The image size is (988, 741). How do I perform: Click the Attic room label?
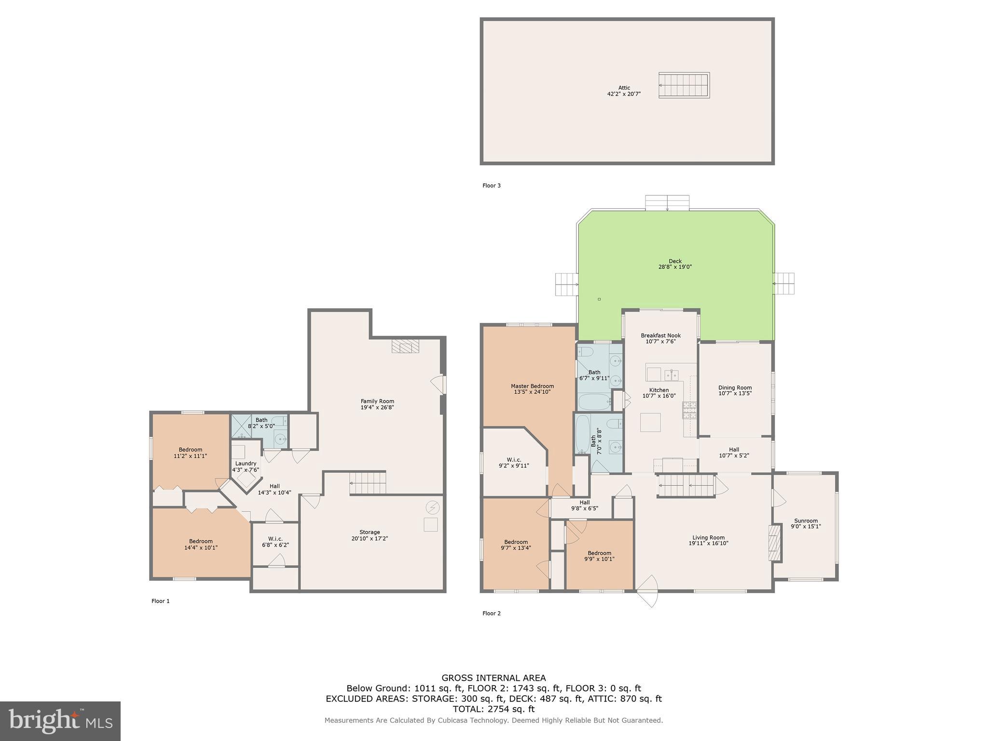624,88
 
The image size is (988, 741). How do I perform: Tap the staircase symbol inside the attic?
684,85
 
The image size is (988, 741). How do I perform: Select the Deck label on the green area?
675,261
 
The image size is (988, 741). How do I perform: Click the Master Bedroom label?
532,386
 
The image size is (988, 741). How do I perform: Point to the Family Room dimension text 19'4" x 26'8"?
377,407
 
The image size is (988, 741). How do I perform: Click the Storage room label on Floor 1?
369,532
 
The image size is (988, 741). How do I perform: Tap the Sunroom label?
806,521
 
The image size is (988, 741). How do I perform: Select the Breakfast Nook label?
660,335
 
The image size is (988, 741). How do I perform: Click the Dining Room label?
735,387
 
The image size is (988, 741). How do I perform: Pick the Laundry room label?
246,464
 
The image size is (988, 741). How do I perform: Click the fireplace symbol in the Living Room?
775,543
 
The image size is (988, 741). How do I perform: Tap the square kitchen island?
650,422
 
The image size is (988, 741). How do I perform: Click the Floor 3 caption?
492,185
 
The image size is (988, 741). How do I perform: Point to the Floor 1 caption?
161,601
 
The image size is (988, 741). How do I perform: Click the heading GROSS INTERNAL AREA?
494,678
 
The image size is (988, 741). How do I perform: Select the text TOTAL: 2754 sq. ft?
494,709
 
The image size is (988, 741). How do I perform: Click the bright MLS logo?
60,721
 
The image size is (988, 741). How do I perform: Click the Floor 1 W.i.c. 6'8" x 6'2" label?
275,542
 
